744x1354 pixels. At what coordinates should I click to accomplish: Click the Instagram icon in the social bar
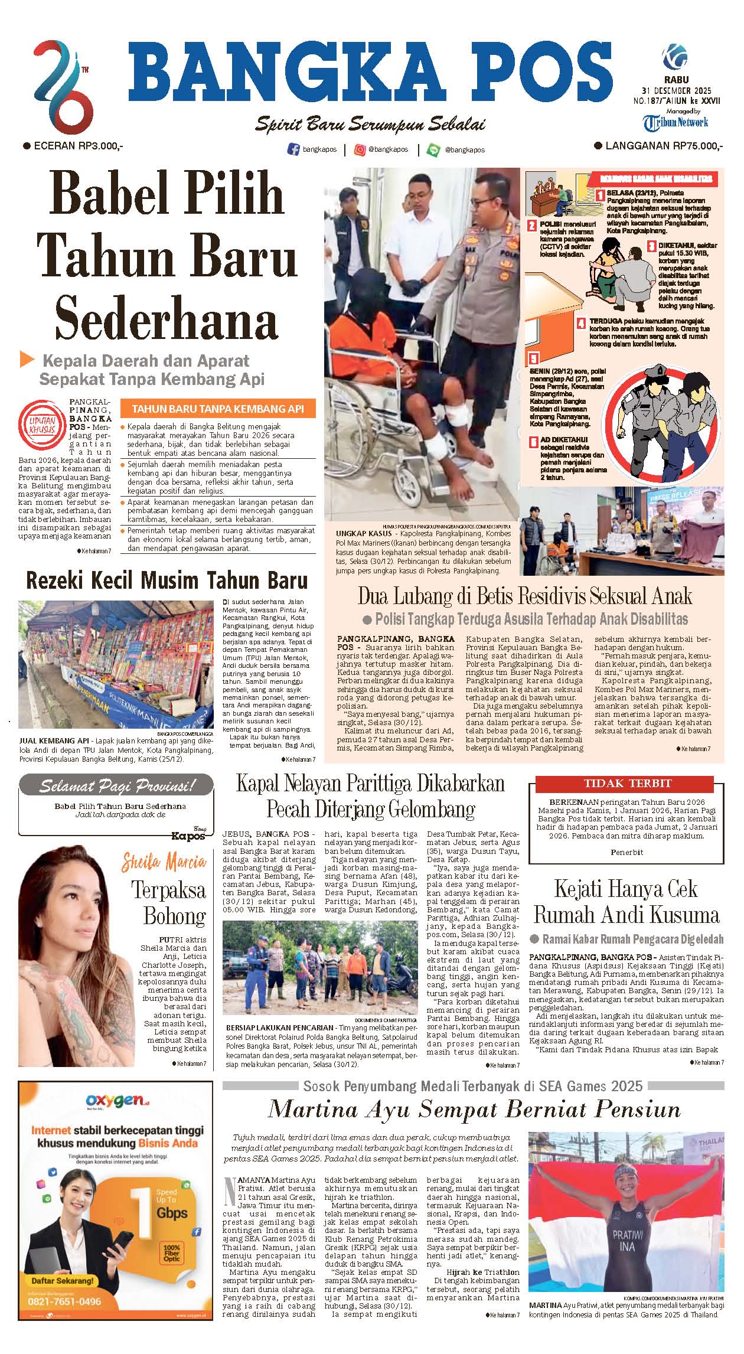coord(360,150)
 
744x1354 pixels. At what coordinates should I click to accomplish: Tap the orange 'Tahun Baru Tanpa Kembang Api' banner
coord(217,409)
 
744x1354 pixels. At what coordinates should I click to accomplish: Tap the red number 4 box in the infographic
coord(582,324)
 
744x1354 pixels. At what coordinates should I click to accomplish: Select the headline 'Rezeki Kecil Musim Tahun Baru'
coord(167,580)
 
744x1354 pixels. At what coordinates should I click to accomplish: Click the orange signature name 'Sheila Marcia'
coord(164,863)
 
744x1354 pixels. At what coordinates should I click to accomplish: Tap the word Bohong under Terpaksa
coord(174,916)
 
